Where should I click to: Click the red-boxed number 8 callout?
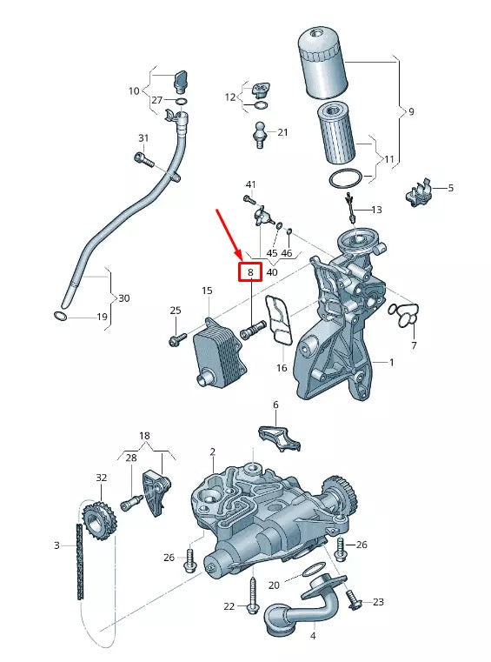250,272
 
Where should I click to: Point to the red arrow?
229,232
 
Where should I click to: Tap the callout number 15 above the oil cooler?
207,291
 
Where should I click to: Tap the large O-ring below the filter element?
346,179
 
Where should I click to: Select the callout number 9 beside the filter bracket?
410,111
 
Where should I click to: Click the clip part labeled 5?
420,194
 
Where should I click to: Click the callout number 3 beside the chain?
56,545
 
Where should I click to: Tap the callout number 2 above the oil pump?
212,451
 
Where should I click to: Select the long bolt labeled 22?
253,594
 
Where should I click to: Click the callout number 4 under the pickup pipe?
313,635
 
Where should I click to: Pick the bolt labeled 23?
354,599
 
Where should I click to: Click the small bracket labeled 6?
277,437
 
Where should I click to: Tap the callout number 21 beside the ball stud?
282,132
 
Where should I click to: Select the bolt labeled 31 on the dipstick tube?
143,159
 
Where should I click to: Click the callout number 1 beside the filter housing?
391,361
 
